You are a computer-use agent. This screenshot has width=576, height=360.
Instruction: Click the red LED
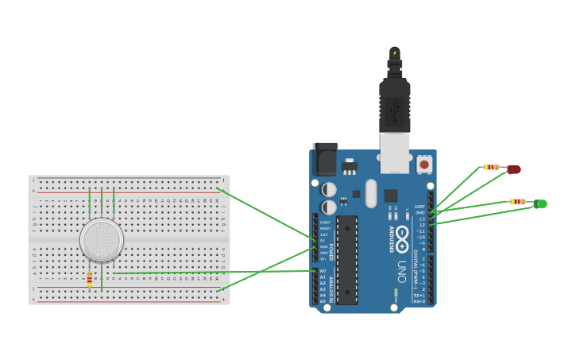(x=513, y=169)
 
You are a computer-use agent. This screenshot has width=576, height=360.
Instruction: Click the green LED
(x=540, y=204)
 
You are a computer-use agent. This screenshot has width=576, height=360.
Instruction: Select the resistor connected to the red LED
(x=491, y=167)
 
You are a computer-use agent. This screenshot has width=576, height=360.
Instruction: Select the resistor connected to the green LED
(x=517, y=202)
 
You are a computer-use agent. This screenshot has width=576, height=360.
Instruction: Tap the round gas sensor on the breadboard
(x=102, y=240)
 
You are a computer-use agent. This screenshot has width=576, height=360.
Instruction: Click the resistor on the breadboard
(x=89, y=279)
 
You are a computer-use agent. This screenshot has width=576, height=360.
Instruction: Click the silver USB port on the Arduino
(x=394, y=153)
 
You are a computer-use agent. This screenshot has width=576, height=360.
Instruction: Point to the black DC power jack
(x=324, y=159)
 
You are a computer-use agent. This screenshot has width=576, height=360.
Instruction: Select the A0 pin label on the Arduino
(x=323, y=271)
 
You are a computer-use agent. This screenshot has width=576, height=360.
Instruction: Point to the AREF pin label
(x=419, y=207)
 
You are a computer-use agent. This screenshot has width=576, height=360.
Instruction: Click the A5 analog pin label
(x=323, y=301)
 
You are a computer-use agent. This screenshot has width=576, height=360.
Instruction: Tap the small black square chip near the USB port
(x=391, y=195)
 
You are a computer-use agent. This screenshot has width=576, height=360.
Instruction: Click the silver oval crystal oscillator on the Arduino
(x=371, y=193)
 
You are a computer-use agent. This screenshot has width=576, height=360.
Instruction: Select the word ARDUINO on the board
(x=391, y=239)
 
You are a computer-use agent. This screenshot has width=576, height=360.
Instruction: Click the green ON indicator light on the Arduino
(x=395, y=292)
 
